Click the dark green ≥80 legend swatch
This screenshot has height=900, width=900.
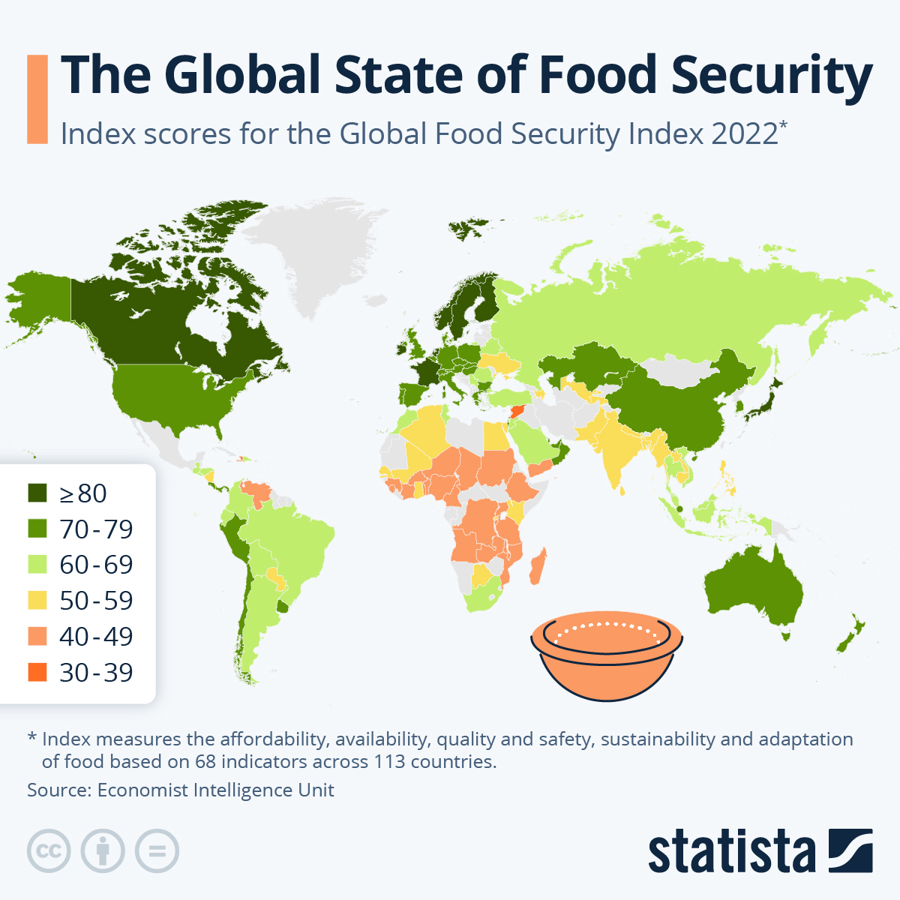[37, 493]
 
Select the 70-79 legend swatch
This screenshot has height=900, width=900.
[37, 529]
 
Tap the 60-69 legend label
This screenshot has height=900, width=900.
[96, 565]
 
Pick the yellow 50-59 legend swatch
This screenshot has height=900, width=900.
[37, 600]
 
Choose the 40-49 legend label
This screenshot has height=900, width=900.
[96, 636]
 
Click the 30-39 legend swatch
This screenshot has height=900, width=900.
[37, 672]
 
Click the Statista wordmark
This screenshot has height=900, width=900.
[731, 851]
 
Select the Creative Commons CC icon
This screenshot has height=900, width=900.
[49, 851]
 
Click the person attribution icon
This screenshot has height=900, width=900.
[103, 851]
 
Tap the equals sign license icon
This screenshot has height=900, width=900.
[157, 851]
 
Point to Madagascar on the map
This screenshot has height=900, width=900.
[538, 566]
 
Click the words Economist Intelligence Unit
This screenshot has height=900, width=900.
[215, 790]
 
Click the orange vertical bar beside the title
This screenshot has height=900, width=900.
[37, 98]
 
